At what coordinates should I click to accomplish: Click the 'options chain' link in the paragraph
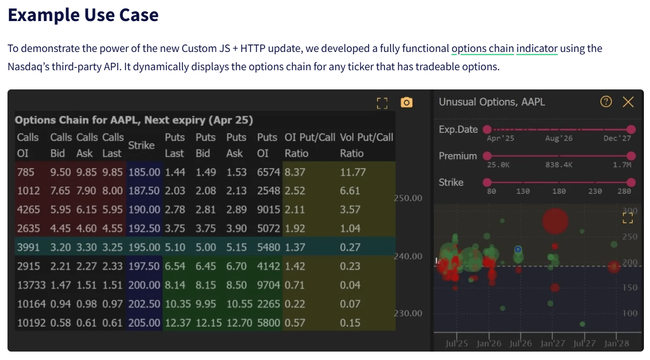coord(482,48)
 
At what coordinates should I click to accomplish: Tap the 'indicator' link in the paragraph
coord(537,48)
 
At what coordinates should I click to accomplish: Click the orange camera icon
coord(406,102)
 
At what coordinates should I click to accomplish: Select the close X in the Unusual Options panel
coord(628,102)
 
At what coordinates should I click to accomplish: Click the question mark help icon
coord(606,102)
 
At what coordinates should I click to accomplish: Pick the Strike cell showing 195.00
coord(144,247)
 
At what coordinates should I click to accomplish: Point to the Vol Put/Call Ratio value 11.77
coord(352,172)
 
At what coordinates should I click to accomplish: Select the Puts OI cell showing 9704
coord(268,285)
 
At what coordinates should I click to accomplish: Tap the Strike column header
coord(141,145)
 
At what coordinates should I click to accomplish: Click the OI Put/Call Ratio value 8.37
coord(295,172)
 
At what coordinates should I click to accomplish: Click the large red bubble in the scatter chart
coord(555,220)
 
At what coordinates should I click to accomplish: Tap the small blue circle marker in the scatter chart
coord(518,250)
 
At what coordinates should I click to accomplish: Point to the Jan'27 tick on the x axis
coord(553,343)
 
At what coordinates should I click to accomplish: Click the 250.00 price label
coord(408,198)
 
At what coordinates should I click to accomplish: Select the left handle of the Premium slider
coord(487,156)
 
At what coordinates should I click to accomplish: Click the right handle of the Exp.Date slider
coord(631,130)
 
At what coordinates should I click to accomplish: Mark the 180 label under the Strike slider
coord(559,191)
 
